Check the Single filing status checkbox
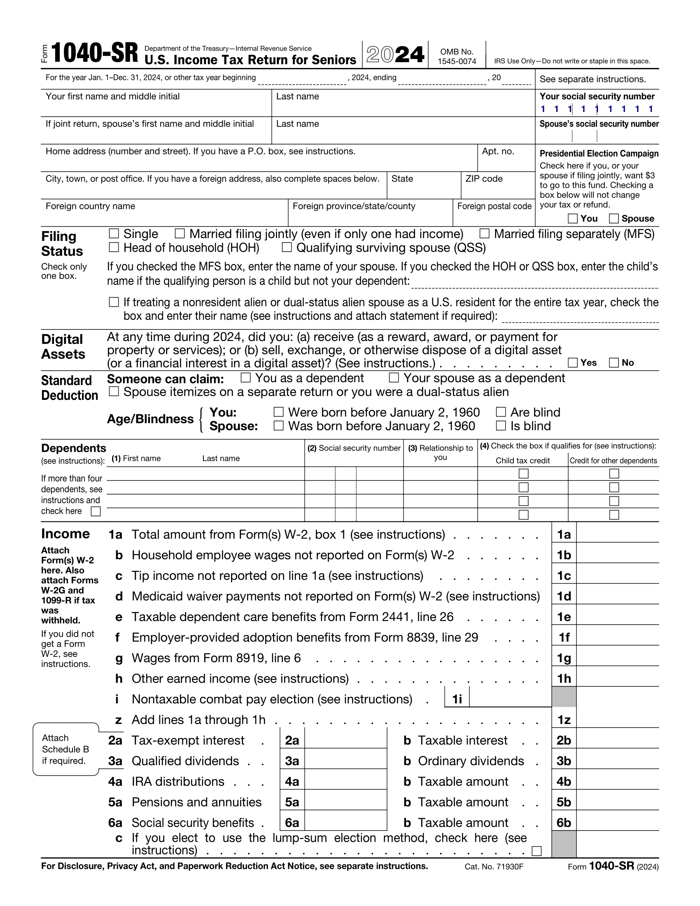114,234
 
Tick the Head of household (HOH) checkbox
114,247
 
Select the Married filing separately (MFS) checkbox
484,234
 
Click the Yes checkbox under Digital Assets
573,362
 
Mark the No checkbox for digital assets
614,362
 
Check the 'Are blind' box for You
501,412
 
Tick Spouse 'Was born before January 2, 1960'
279,426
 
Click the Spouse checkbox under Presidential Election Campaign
614,218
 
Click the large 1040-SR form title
95,54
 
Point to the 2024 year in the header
395,55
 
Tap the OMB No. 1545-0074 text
457,56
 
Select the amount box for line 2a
345,740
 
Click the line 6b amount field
617,822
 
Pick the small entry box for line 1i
510,699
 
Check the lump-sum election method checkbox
537,851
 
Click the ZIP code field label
483,179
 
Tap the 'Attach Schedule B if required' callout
65,749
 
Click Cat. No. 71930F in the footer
494,866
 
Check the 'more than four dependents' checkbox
96,511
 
